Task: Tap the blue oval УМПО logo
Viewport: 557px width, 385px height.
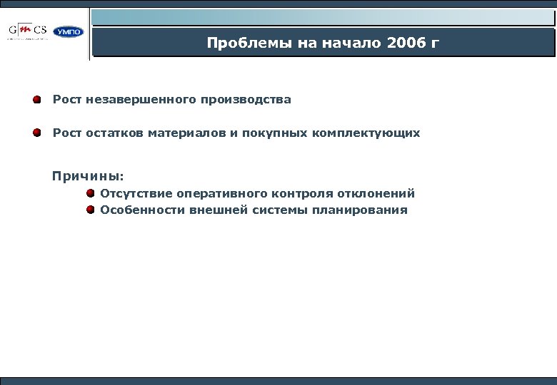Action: (x=69, y=31)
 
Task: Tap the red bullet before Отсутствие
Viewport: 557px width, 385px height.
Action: (x=91, y=193)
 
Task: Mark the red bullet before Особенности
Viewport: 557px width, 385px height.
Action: (x=91, y=210)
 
